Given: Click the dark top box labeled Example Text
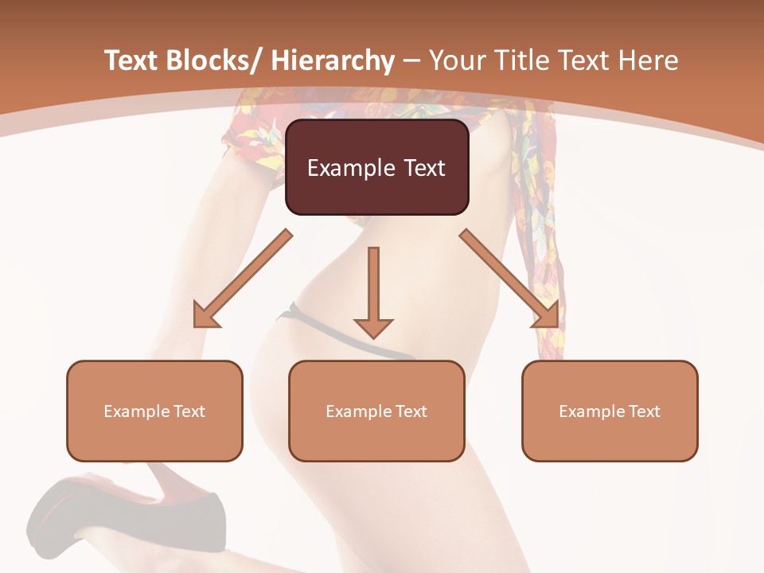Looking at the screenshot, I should (x=376, y=167).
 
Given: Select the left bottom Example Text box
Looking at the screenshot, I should (x=154, y=411).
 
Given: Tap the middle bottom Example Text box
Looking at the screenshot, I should (x=376, y=411).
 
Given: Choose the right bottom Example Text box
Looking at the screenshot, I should (x=610, y=411).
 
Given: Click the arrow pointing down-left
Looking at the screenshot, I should (x=243, y=279).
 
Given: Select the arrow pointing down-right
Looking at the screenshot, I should (x=509, y=279).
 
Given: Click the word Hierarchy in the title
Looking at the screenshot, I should (x=333, y=60).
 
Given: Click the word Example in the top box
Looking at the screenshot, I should (x=344, y=168).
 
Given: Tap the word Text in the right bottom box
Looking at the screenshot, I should (x=643, y=411).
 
